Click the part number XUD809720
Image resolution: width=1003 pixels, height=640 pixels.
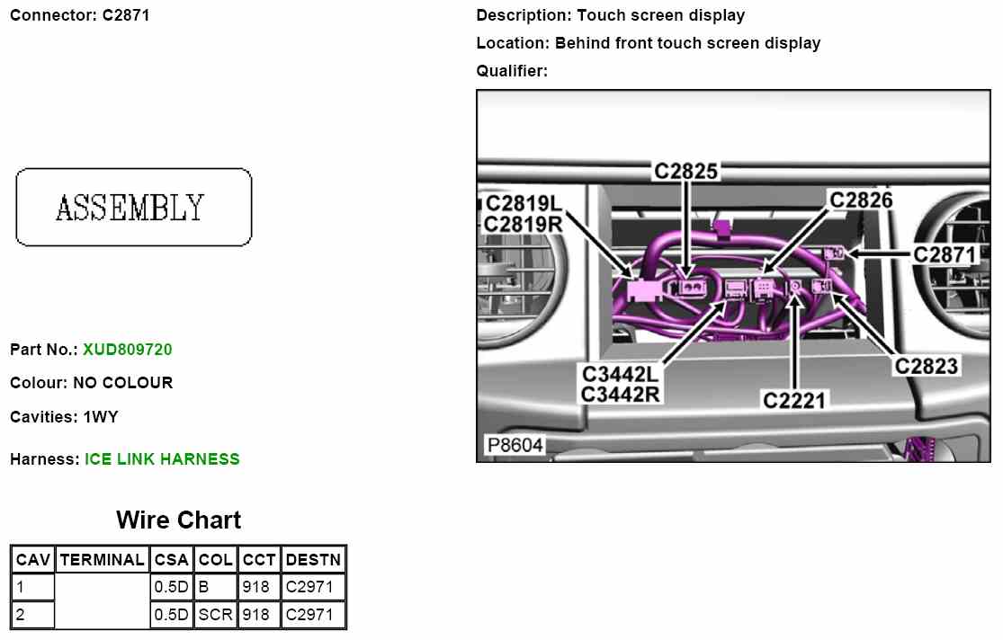click(x=128, y=350)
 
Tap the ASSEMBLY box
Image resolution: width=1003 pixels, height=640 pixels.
click(x=134, y=207)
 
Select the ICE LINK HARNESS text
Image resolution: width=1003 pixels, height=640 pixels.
click(x=162, y=459)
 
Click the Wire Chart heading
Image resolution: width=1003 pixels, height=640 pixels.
click(x=178, y=520)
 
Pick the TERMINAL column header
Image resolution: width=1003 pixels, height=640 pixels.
click(x=103, y=560)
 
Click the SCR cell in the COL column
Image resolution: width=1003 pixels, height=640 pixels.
click(x=216, y=615)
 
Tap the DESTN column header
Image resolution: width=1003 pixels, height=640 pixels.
click(x=313, y=560)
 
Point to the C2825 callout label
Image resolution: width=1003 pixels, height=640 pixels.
click(x=685, y=172)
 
